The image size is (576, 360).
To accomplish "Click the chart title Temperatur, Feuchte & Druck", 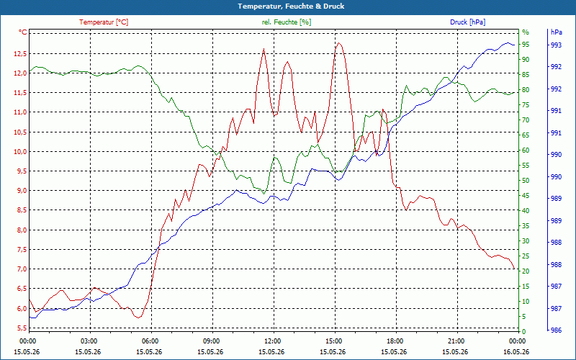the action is click(x=291, y=6).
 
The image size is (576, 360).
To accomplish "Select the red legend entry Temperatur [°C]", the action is click(x=104, y=22).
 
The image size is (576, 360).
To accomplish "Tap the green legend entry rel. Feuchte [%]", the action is click(x=286, y=22).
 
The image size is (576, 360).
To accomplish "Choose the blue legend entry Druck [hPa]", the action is click(x=467, y=22).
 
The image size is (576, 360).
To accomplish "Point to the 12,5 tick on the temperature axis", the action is click(x=20, y=53).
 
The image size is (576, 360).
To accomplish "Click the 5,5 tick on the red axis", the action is click(x=22, y=328).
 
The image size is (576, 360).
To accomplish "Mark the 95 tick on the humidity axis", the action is click(x=526, y=45).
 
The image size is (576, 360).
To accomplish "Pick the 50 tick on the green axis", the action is click(x=526, y=181).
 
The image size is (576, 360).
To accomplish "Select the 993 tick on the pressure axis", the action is click(x=556, y=45).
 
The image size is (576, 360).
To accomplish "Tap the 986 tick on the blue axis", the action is click(x=556, y=330).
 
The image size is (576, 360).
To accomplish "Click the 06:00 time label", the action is click(x=151, y=341).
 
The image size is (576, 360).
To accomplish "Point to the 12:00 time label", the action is click(x=274, y=341).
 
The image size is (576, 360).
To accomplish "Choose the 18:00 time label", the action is click(x=397, y=341).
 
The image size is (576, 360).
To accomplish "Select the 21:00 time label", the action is click(x=457, y=341).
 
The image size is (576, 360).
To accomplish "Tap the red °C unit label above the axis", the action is click(x=23, y=32).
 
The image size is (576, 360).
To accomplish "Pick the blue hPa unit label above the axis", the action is click(x=556, y=32).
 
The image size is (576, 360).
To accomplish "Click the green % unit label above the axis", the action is click(x=526, y=32).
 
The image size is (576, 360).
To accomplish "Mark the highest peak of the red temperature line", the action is click(x=338, y=43).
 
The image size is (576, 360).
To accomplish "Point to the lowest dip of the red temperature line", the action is click(x=138, y=318).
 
